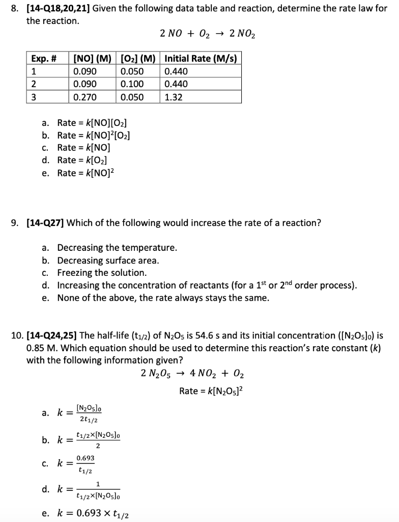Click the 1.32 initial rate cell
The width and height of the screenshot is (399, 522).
pyautogui.click(x=174, y=97)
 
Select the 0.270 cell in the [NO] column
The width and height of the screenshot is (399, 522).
pyautogui.click(x=85, y=97)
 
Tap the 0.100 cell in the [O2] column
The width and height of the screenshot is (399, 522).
pyautogui.click(x=132, y=84)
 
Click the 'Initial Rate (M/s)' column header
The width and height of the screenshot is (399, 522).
pyautogui.click(x=201, y=58)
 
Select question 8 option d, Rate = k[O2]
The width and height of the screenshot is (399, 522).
pyautogui.click(x=81, y=161)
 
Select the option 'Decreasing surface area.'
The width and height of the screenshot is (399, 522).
pyautogui.click(x=108, y=260)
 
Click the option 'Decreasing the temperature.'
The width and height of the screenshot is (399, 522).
pyautogui.click(x=117, y=248)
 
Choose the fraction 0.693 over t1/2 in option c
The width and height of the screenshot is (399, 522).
pyautogui.click(x=85, y=464)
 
